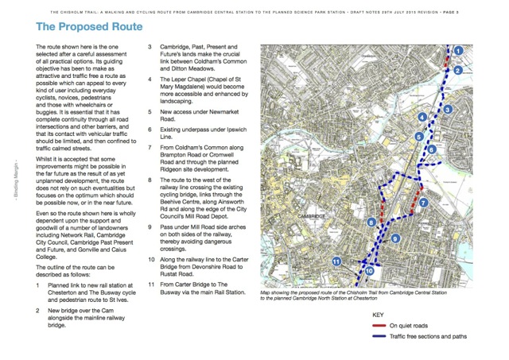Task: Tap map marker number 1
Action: pos(459,52)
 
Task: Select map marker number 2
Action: pos(457,71)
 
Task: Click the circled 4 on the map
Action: pos(422,118)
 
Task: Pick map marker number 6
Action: pos(432,149)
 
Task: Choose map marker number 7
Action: pos(424,203)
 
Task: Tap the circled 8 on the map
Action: pos(371,223)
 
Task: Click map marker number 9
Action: pos(395,239)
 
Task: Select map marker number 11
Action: pos(336,261)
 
